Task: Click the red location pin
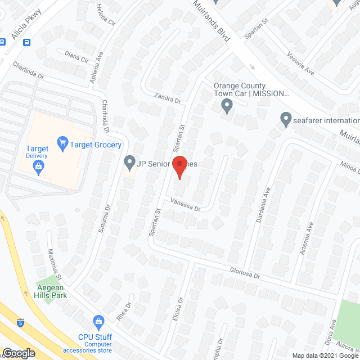pos(179,168)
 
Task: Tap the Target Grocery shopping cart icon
pos(62,144)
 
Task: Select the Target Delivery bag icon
pos(38,165)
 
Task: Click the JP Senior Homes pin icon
pos(129,163)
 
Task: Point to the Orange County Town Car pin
pos(227,105)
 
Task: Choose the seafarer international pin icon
pos(286,120)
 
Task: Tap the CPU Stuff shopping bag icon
pos(99,322)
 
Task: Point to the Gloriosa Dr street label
pos(245,272)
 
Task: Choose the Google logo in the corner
pos(19,353)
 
